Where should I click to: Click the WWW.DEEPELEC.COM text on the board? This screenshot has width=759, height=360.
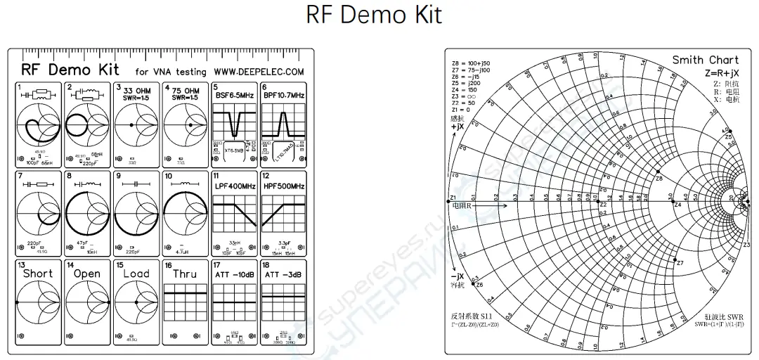point(259,71)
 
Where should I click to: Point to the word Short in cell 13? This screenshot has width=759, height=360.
point(37,274)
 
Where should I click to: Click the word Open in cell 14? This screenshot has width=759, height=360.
point(86,274)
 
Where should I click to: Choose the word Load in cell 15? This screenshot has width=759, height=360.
point(136,274)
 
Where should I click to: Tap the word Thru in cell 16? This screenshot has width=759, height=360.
point(185,274)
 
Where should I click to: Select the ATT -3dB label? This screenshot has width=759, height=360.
point(284,274)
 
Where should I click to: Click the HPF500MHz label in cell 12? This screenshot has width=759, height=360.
point(284,186)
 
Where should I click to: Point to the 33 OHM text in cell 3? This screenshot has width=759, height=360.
point(138,91)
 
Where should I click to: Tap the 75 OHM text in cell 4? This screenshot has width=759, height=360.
point(188,91)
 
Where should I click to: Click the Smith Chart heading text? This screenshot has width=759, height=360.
point(705,60)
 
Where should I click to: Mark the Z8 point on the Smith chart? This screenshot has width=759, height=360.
point(659,172)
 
